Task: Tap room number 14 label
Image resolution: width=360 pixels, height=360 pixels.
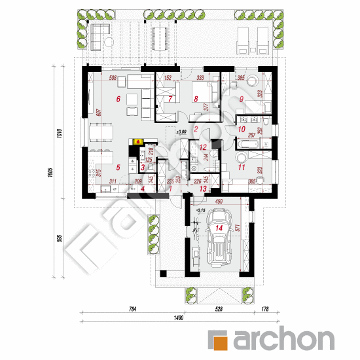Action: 219,228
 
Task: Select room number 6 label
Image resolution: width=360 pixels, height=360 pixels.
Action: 118,99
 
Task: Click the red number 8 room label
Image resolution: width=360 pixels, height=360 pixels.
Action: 195,99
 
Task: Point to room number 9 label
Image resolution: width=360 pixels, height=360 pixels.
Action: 242,99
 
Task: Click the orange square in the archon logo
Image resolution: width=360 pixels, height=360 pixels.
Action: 219,339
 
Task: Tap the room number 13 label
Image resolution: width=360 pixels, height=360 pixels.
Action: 203,190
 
